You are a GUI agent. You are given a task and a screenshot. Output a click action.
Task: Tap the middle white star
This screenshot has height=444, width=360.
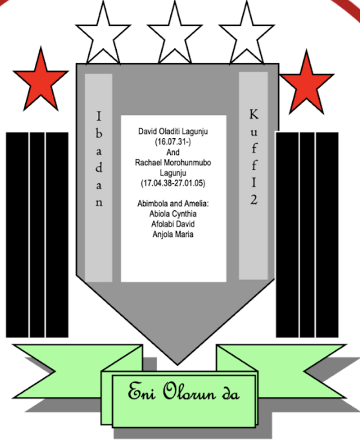click(x=175, y=34)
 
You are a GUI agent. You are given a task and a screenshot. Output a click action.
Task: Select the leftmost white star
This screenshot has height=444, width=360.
click(x=103, y=34)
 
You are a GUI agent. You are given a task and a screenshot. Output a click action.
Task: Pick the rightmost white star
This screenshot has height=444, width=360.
click(x=247, y=34)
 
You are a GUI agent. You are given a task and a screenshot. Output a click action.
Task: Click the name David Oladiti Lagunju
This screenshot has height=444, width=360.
click(x=173, y=132)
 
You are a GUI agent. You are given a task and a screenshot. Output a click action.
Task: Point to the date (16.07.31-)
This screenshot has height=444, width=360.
click(x=173, y=142)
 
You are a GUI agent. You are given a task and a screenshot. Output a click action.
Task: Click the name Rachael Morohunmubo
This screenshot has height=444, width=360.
click(x=173, y=163)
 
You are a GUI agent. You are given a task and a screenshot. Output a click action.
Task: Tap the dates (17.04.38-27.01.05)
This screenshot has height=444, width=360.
click(x=173, y=183)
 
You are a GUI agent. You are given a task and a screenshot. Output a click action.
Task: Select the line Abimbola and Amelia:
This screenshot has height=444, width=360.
click(x=173, y=203)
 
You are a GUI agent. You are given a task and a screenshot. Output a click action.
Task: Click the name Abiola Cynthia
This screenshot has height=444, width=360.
click(x=173, y=214)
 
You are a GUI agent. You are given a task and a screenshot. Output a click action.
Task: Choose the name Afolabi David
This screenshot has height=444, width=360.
click(x=173, y=224)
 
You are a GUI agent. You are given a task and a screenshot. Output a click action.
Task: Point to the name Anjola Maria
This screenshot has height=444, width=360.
click(x=173, y=234)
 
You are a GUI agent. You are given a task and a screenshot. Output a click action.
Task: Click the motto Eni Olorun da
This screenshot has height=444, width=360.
click(x=184, y=392)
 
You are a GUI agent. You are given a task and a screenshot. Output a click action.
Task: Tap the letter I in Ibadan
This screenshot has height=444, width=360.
click(x=99, y=116)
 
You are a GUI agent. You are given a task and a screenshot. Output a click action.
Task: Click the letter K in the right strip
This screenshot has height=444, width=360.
click(x=254, y=114)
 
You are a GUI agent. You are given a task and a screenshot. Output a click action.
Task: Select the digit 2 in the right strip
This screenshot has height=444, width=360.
click(x=254, y=199)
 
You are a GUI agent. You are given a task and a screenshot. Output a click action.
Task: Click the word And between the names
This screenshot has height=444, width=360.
click(x=173, y=152)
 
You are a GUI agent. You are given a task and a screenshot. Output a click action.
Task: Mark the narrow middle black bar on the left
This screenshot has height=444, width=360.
click(x=37, y=235)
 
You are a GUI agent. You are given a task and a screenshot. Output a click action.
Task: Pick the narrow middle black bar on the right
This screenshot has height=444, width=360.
click(x=307, y=235)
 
